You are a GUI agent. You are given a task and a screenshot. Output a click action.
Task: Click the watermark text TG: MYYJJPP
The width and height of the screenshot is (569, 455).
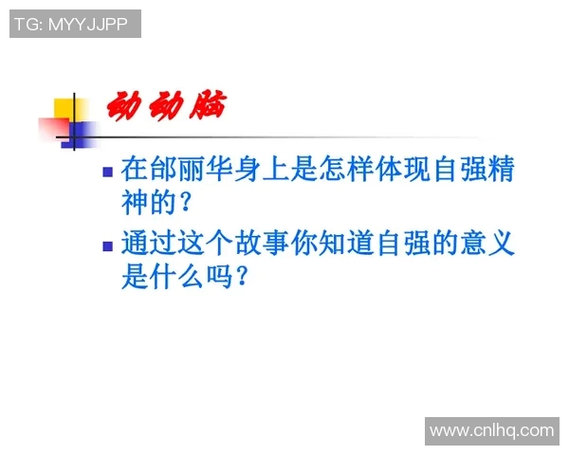[75, 25]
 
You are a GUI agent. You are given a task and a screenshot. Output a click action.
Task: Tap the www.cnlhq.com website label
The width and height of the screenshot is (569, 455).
[491, 431]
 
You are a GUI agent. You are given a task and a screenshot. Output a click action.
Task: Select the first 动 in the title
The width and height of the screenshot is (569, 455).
[123, 104]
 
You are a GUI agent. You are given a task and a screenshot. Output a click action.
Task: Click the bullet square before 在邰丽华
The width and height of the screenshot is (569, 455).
[107, 172]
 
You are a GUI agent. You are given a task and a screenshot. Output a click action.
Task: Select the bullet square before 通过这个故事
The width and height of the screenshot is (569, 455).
[107, 246]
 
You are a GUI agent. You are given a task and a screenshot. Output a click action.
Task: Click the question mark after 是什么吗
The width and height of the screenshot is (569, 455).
[242, 278]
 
